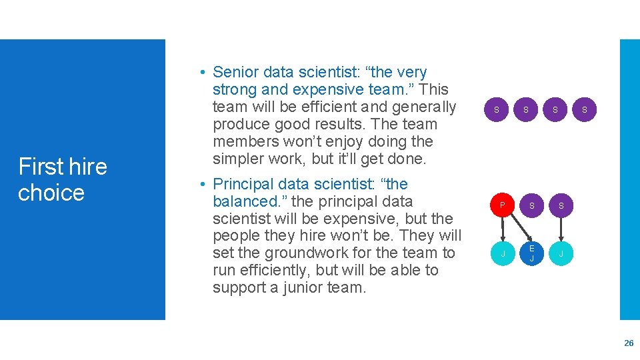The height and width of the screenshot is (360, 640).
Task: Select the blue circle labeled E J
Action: (531, 253)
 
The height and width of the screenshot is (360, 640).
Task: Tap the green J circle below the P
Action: (503, 253)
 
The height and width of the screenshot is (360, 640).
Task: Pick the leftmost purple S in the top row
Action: (496, 109)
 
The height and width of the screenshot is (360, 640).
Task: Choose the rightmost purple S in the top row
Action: (585, 109)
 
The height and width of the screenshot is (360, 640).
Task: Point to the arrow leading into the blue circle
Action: (531, 229)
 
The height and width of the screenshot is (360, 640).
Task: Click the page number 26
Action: (628, 343)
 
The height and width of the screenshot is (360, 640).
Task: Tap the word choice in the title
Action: (51, 193)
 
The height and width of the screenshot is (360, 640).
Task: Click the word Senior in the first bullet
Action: (236, 72)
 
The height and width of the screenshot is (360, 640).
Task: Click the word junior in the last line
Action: (297, 288)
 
